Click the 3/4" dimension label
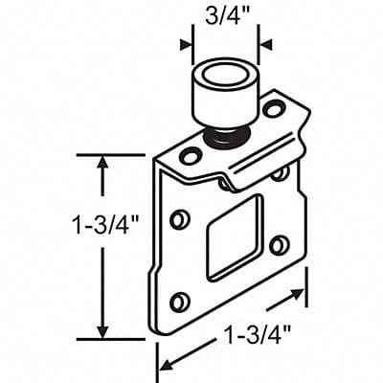click(x=225, y=16)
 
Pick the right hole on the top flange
click(x=274, y=109)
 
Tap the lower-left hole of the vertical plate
click(x=178, y=304)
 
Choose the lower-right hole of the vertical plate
click(x=279, y=245)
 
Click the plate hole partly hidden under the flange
click(x=280, y=173)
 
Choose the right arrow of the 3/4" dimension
click(x=265, y=42)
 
